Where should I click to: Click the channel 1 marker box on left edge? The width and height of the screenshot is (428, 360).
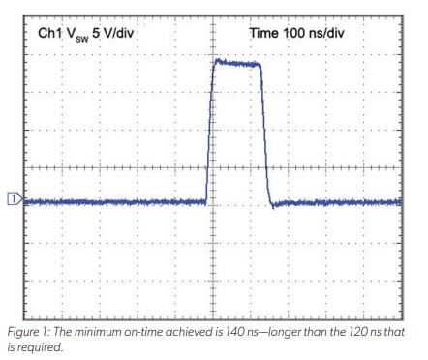point(13,199)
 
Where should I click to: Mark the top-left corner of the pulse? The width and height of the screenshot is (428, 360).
point(214,62)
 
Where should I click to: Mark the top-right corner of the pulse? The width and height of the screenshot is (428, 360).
point(261,65)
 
